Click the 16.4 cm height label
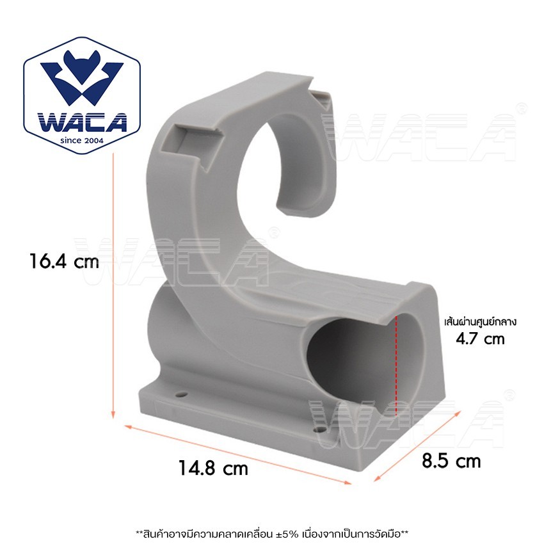pyautogui.click(x=65, y=261)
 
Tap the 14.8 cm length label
pyautogui.click(x=213, y=468)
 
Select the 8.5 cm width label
pyautogui.click(x=451, y=461)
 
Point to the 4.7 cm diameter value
pyautogui.click(x=480, y=339)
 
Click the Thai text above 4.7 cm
pyautogui.click(x=481, y=322)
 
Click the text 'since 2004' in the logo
pyautogui.click(x=82, y=141)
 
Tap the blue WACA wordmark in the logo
pyautogui.click(x=82, y=122)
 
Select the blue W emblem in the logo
pyautogui.click(x=82, y=79)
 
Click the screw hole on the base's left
pyautogui.click(x=180, y=394)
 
